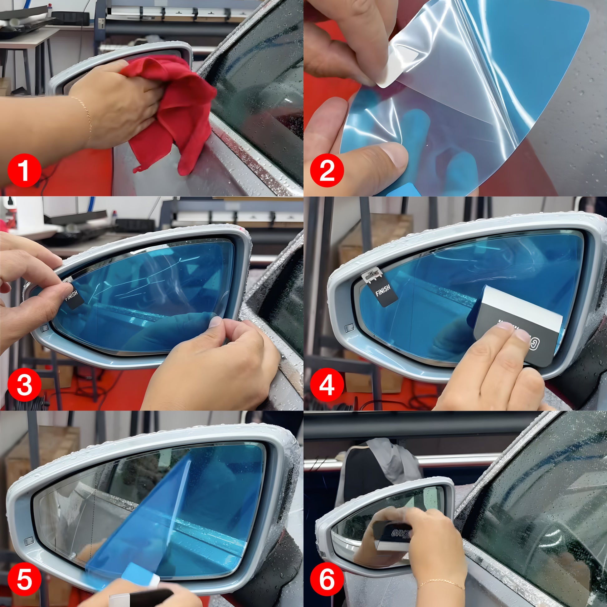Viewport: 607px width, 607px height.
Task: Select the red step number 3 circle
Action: coord(25,385)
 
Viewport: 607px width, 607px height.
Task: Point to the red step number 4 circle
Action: coord(327,385)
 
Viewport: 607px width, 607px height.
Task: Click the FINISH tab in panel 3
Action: coord(73,296)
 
